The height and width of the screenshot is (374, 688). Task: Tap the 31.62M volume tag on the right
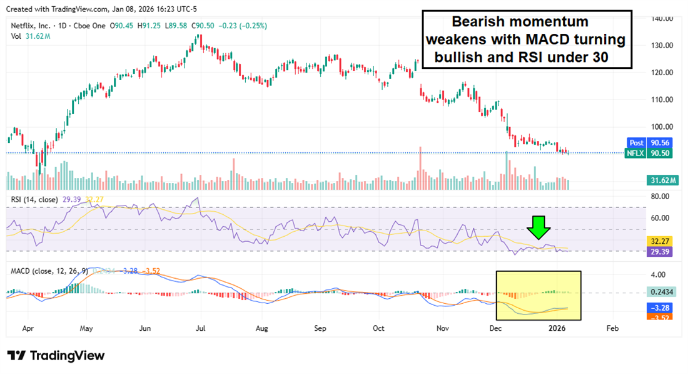[662, 180]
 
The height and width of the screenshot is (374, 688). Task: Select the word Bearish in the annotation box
[473, 21]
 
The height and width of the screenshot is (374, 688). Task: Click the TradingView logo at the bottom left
[56, 355]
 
